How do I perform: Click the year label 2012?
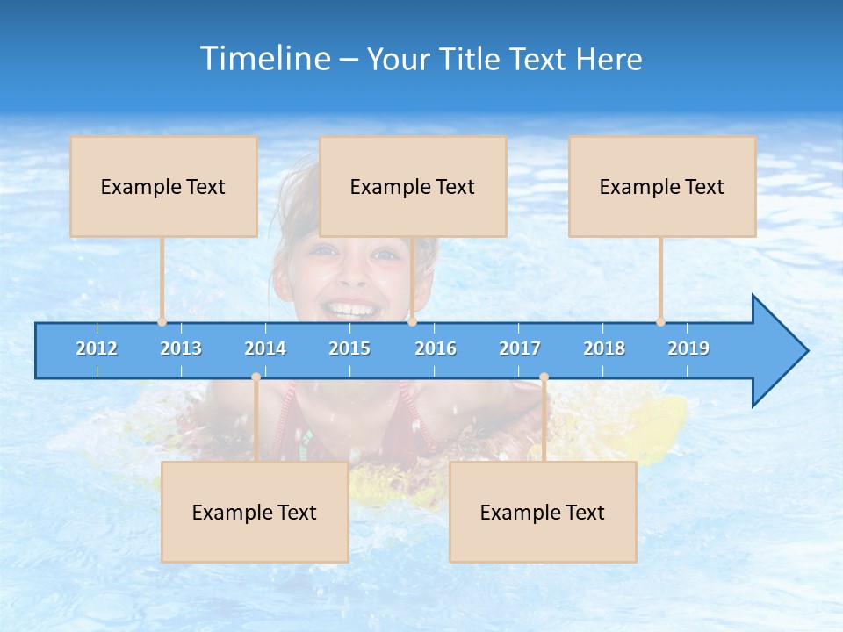(x=97, y=348)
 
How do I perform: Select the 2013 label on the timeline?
(x=181, y=348)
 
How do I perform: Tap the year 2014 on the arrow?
(x=265, y=348)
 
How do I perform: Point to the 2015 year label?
(x=349, y=348)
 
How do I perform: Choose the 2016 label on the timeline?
(x=436, y=348)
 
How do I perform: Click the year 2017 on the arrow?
(x=520, y=348)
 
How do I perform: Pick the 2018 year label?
(x=604, y=348)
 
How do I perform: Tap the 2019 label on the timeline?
(x=688, y=348)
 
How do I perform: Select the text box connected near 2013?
(x=163, y=186)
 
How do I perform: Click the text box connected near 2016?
(x=413, y=186)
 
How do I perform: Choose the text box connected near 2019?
(x=662, y=186)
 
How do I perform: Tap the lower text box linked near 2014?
(x=255, y=512)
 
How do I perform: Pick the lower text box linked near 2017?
(x=543, y=512)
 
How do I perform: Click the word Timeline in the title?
(x=264, y=58)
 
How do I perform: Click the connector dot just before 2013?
(x=162, y=321)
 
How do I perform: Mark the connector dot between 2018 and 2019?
(x=661, y=321)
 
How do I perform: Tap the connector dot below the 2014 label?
(x=256, y=377)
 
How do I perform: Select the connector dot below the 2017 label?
(x=544, y=377)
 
